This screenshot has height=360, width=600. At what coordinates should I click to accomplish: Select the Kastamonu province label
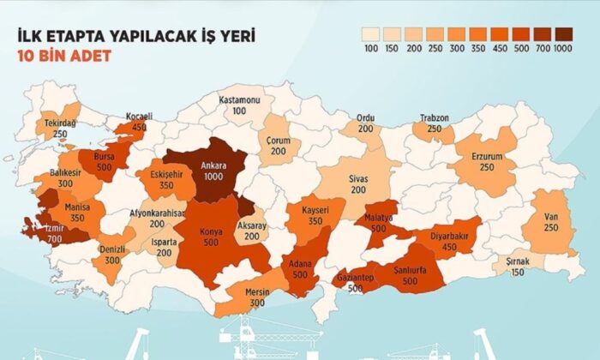(238, 99)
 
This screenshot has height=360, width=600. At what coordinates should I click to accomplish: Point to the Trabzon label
(435, 117)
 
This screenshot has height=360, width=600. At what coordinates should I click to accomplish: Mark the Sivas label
(357, 179)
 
